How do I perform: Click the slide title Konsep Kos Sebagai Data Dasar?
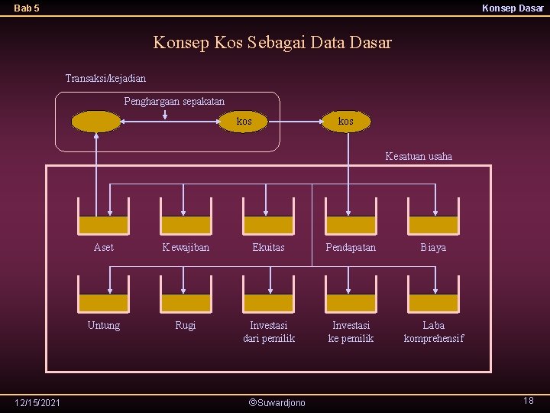click(272, 42)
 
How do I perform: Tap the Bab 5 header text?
click(27, 8)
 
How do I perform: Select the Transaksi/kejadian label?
click(105, 78)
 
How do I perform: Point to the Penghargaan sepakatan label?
click(174, 101)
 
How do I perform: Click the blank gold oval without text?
click(96, 122)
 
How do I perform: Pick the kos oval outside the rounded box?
click(345, 122)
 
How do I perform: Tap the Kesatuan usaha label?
click(419, 156)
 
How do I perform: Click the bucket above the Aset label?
click(104, 217)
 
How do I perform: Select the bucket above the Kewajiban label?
click(186, 217)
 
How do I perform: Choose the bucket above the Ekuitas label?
click(268, 217)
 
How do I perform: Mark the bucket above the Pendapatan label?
click(351, 217)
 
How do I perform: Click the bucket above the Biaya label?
click(433, 217)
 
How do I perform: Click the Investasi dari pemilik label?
click(268, 331)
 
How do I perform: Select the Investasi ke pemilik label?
click(351, 331)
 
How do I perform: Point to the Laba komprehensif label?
click(433, 331)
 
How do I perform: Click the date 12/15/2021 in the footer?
click(38, 402)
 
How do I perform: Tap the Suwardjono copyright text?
click(277, 402)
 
